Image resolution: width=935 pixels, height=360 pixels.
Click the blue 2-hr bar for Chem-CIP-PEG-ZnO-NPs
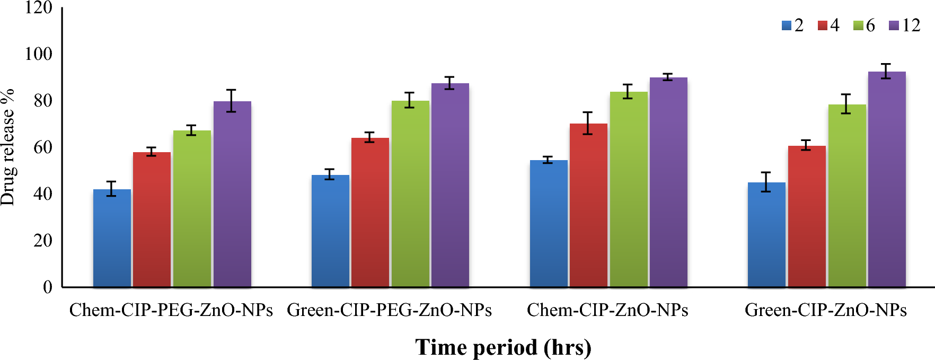(112, 239)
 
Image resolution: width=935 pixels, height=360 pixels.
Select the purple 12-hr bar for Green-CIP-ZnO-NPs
(887, 180)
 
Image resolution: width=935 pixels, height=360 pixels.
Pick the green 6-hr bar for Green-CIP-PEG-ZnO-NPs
(410, 194)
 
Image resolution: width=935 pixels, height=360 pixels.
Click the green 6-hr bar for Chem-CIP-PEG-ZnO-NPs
(192, 209)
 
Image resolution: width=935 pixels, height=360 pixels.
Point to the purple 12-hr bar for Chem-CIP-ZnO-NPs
(668, 183)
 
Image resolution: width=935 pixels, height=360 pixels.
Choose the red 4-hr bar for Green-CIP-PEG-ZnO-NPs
(370, 213)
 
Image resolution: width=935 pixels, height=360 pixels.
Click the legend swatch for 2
(787, 25)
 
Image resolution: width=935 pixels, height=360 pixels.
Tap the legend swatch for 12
(894, 25)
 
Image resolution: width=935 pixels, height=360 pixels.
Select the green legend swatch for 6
(858, 25)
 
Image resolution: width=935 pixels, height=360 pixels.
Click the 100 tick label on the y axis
(39, 54)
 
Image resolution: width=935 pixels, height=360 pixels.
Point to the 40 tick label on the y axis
(43, 194)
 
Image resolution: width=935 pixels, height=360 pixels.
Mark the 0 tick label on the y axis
(48, 287)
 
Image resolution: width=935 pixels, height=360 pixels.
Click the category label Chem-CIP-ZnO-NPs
(607, 310)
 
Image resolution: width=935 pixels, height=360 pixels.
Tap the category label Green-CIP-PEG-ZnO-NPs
(389, 310)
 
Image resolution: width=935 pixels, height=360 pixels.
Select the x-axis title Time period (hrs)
(503, 348)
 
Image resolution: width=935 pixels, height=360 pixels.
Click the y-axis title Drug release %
(8, 147)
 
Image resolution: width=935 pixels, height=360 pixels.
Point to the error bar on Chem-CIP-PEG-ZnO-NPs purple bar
(231, 100)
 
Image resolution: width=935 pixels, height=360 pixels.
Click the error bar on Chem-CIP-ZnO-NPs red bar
(587, 123)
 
